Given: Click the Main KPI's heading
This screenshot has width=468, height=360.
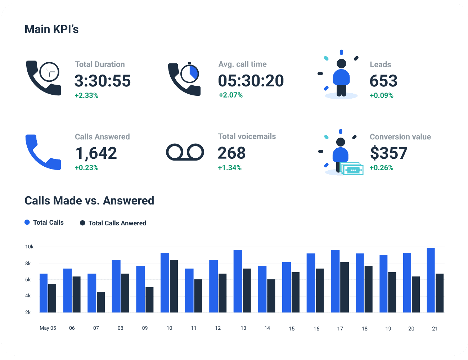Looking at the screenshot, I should point(51,29).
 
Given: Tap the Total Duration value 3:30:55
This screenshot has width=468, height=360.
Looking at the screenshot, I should point(103,81).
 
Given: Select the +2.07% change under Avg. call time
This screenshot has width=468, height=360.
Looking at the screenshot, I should point(231,95).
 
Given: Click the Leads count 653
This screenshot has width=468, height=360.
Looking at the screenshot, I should point(383,81).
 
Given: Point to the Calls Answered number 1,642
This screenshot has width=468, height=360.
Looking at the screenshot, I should point(96,153).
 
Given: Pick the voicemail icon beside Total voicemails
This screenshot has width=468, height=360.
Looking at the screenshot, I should point(185,152).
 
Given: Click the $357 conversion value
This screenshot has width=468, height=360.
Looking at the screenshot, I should point(389,153).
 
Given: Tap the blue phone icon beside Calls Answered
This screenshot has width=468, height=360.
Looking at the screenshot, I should point(43,152).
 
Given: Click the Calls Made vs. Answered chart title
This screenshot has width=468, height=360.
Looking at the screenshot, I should point(89,201).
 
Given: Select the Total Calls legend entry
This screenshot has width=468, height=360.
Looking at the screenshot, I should point(44,222).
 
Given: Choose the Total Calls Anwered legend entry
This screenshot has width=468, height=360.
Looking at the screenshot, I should point(113,223).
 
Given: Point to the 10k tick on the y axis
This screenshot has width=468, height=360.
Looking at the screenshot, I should point(29,247).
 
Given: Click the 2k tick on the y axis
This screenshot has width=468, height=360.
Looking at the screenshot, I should point(28,312).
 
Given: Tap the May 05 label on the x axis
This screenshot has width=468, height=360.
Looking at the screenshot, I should point(48,328).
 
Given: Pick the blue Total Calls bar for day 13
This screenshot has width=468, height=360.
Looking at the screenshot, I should point(238,281).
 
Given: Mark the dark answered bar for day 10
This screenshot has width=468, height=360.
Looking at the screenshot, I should point(174,286).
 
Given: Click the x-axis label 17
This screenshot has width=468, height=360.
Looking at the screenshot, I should point(340,328).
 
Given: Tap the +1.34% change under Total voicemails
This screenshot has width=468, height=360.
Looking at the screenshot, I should point(230,168).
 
